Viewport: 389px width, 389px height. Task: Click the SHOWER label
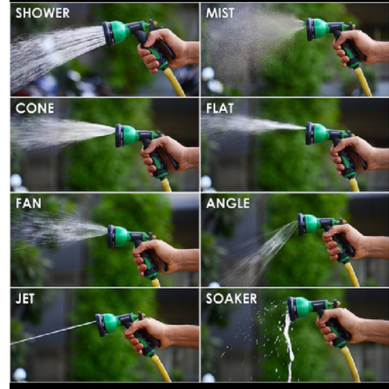(42, 13)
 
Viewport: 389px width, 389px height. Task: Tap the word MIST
(220, 13)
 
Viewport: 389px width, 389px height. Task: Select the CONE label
(35, 108)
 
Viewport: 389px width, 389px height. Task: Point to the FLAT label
(220, 108)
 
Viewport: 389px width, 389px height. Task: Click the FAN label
(29, 204)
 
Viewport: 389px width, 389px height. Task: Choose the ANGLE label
(228, 204)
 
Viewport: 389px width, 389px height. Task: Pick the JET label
(25, 299)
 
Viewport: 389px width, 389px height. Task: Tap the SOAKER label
(231, 299)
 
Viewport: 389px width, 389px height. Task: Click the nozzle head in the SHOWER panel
(115, 34)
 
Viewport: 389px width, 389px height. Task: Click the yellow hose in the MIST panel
(362, 82)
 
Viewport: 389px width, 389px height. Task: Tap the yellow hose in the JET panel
(161, 368)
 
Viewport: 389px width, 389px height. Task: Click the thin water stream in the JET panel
(53, 333)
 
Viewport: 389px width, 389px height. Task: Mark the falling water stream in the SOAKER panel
(289, 348)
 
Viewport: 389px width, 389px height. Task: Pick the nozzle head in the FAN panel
(119, 236)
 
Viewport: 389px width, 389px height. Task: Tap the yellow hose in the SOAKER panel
(351, 364)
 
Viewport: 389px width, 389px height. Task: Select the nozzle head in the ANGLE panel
(309, 224)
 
